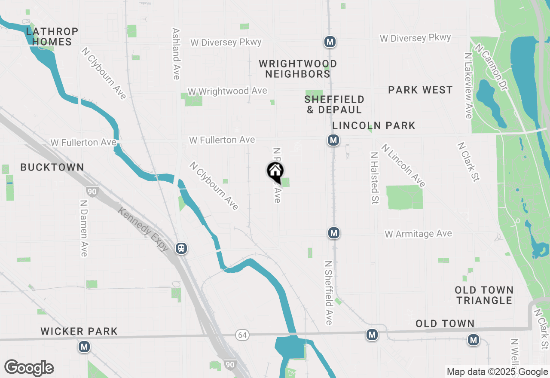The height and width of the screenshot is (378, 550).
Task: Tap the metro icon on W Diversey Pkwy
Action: coord(330,42)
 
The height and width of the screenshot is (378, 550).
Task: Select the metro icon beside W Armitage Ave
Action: coord(334,233)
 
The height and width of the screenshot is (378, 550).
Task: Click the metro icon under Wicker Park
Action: coord(84,346)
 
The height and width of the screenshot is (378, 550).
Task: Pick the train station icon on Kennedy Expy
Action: coord(182,248)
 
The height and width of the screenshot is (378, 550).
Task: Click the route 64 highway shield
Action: coord(241,334)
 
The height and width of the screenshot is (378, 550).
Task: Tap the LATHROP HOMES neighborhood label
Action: coord(52,37)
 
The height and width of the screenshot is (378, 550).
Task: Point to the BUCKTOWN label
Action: coord(52,167)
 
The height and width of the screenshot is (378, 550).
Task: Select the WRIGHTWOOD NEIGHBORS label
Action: coord(298,69)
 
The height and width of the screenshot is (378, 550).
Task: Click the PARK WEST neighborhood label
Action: coord(420,90)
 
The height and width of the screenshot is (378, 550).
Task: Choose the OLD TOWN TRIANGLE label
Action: coord(484,295)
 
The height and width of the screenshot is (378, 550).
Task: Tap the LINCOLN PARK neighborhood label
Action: coord(374,125)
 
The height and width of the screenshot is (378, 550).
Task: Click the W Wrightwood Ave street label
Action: coord(227,91)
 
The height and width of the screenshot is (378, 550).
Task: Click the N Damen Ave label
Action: coord(84,228)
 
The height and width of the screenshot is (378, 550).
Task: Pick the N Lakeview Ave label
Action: coord(469,85)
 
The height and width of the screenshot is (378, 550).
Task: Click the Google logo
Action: coord(29,368)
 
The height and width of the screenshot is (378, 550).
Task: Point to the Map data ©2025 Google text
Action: coord(497,372)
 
